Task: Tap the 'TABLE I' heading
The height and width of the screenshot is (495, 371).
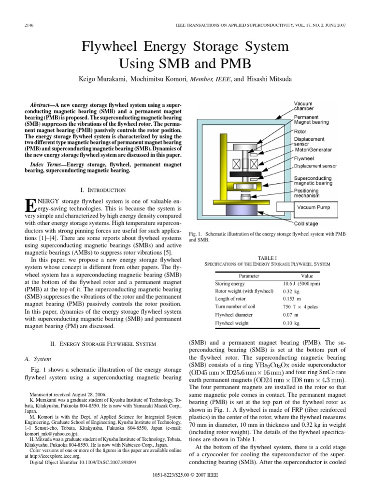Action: [x=267, y=257]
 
